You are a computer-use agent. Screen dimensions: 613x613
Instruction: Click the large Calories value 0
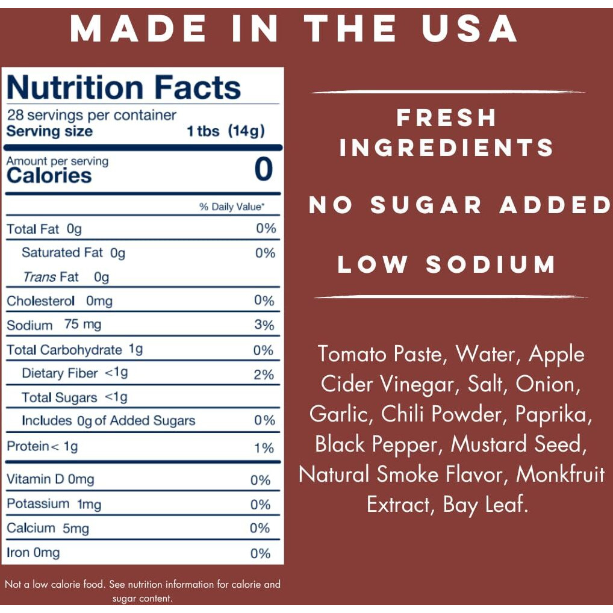tap(264, 169)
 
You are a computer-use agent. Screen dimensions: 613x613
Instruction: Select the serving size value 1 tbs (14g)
tap(226, 131)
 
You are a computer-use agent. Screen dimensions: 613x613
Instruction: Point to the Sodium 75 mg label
tap(54, 325)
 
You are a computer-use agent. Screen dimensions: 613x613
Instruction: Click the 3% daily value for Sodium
tap(264, 325)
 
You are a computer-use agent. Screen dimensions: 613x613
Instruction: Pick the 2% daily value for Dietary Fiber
tap(264, 375)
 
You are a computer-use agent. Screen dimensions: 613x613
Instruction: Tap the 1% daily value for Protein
tap(264, 448)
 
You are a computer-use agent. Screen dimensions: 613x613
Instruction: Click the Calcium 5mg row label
tap(48, 529)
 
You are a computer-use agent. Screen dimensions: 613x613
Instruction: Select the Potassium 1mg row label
tap(54, 504)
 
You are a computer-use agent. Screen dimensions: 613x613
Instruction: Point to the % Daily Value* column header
tap(232, 207)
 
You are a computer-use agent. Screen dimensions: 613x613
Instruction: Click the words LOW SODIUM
tap(446, 265)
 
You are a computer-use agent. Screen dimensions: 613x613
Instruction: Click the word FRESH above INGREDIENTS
tap(446, 117)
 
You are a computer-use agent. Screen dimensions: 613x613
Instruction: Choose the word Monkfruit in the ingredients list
tap(560, 475)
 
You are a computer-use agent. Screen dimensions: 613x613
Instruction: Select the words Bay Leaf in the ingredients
tap(485, 505)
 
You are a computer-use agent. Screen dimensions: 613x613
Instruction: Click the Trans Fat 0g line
tap(66, 277)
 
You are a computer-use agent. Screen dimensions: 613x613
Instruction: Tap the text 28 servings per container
tap(92, 115)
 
